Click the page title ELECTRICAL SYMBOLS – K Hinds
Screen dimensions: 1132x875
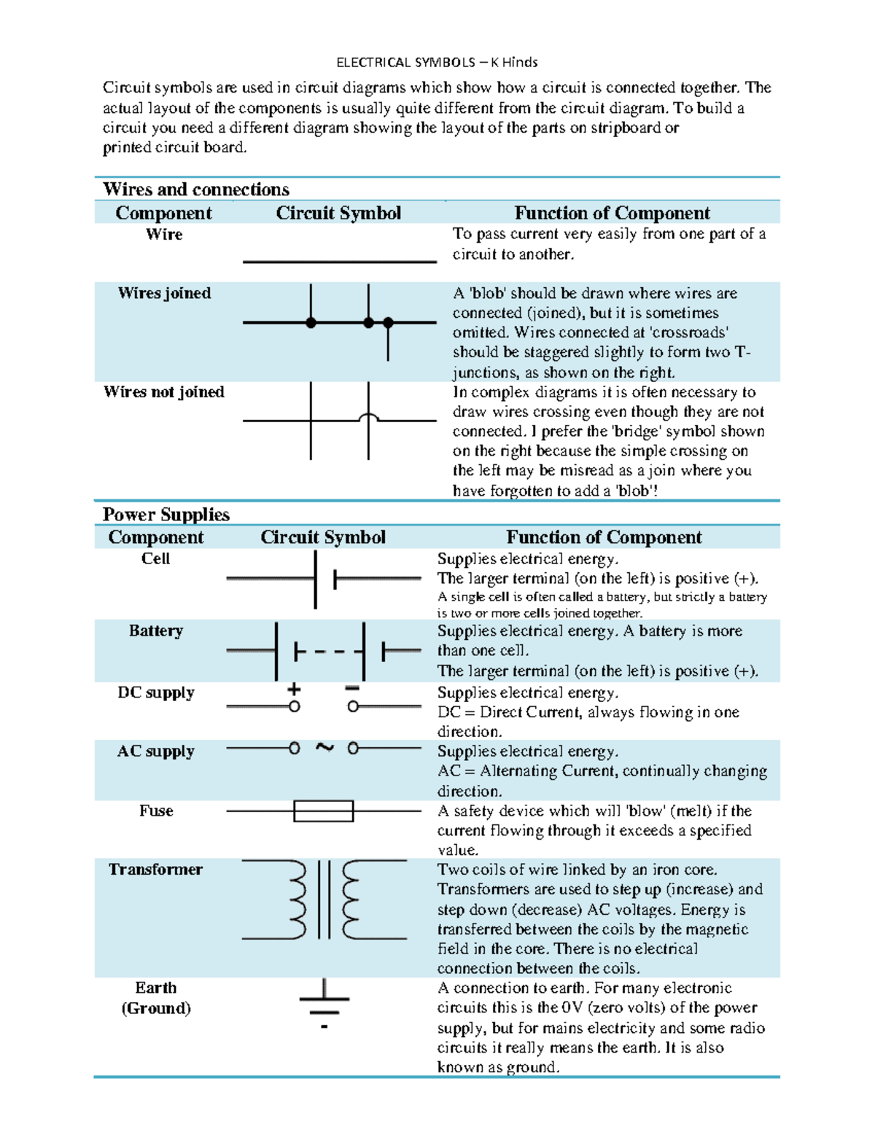[x=437, y=62]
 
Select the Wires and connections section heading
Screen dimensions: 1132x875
[x=195, y=190]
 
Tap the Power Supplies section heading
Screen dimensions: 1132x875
[x=166, y=515]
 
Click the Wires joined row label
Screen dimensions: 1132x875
[x=165, y=293]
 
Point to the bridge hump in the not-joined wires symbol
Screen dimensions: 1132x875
[x=368, y=417]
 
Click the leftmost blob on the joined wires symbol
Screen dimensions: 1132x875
[x=311, y=322]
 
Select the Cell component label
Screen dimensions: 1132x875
[x=155, y=559]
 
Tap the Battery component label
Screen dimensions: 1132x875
[x=155, y=631]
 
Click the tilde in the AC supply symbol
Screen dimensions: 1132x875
[x=324, y=747]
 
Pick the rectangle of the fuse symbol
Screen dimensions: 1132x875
[x=323, y=811]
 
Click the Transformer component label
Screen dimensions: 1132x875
[x=155, y=870]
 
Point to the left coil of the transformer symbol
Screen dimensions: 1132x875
[x=297, y=899]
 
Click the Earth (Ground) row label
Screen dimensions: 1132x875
[x=155, y=998]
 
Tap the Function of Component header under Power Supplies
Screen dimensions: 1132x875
[x=604, y=538]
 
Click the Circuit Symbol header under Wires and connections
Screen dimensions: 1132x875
[x=338, y=214]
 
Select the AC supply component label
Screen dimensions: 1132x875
[x=155, y=752]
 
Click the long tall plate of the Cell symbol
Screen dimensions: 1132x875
[x=315, y=579]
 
